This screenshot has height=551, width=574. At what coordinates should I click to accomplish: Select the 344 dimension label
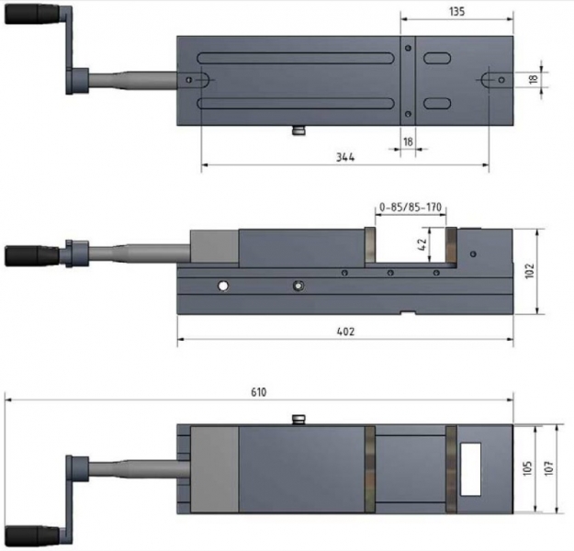coord(345,158)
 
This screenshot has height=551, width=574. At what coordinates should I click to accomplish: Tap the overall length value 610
coord(258,392)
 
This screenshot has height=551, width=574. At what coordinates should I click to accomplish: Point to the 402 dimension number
coord(345,331)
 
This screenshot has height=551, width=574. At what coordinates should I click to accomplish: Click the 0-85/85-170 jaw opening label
coord(411,208)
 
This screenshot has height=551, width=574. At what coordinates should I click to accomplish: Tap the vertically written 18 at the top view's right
coord(533,80)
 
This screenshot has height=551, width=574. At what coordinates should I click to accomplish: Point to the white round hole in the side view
coord(222,287)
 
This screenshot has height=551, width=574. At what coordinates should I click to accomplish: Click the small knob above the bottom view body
coord(297,420)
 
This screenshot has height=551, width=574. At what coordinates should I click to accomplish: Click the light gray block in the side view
coord(214,248)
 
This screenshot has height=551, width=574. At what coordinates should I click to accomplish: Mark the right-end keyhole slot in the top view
coord(494,80)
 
